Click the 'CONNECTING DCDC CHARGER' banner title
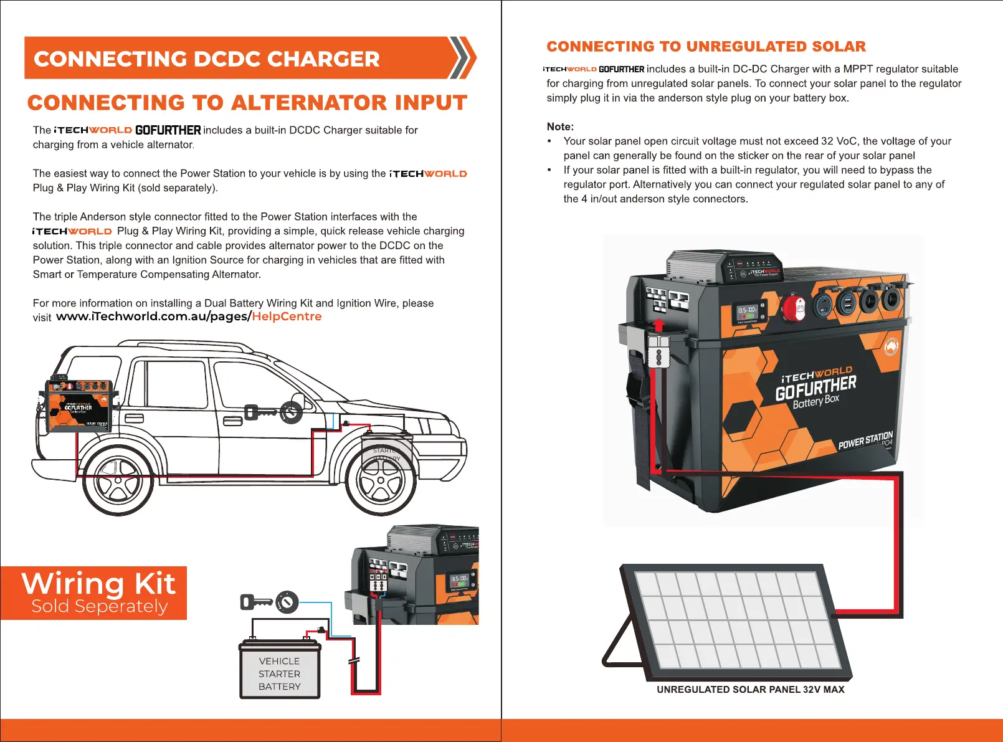click(x=206, y=59)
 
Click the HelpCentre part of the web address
click(x=287, y=316)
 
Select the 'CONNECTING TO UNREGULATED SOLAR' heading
click(x=706, y=47)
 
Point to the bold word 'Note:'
click(x=560, y=126)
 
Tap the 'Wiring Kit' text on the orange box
click(x=98, y=584)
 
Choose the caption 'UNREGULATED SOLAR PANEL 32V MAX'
click(x=750, y=690)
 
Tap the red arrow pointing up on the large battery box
click(x=658, y=325)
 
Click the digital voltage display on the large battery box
click(x=748, y=311)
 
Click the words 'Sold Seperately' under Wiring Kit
click(x=100, y=606)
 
